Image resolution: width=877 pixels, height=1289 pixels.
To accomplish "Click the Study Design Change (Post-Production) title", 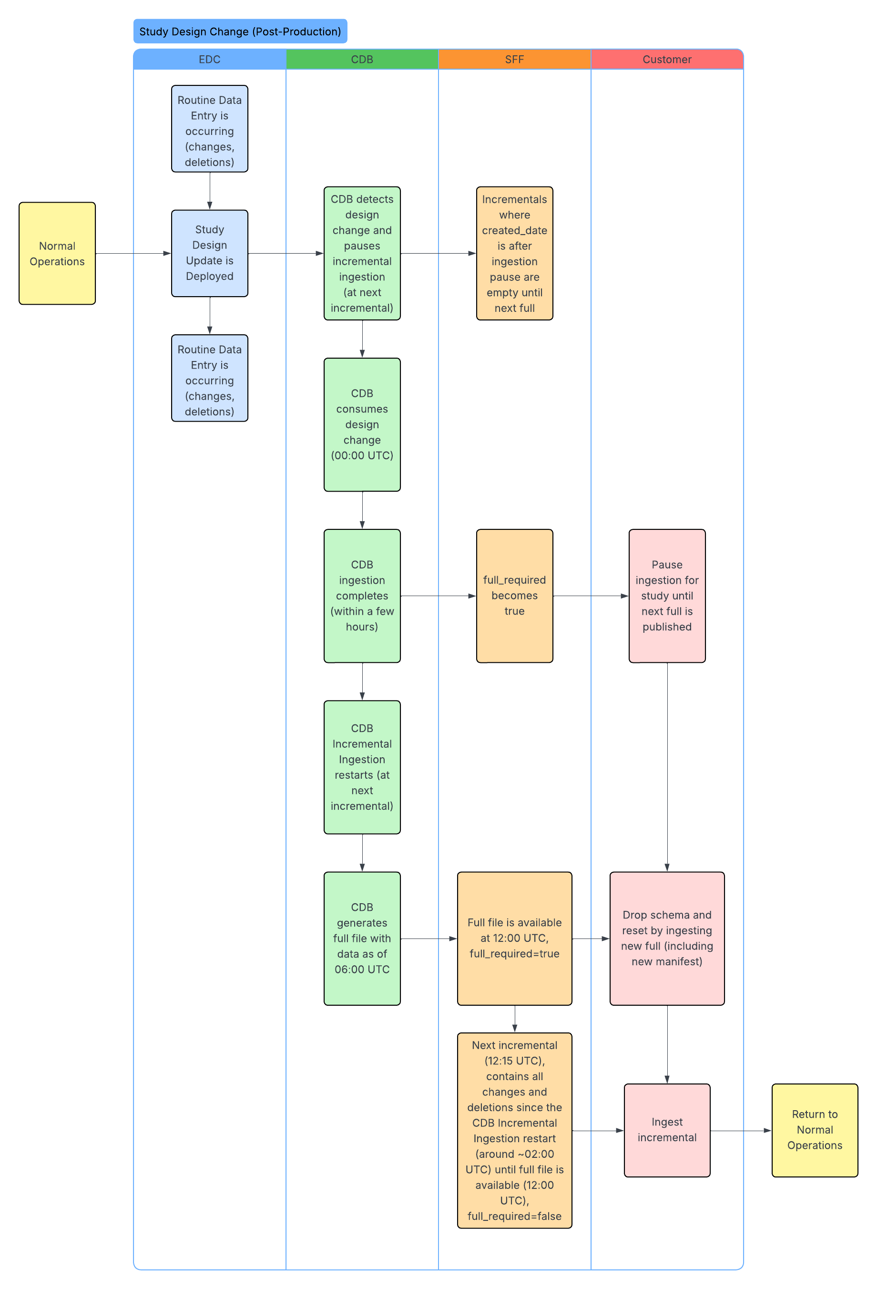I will point(240,31).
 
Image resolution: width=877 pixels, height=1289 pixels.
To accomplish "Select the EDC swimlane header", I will point(210,59).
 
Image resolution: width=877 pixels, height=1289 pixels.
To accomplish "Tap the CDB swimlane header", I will point(362,59).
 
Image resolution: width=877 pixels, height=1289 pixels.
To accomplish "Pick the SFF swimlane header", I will point(514,59).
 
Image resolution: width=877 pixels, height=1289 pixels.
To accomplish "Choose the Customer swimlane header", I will point(667,59).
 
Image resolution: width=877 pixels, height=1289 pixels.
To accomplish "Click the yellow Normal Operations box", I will point(57,254).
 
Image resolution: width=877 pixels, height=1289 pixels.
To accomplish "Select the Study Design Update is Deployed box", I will point(210,254).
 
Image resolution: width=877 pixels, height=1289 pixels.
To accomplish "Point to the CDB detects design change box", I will point(362,254).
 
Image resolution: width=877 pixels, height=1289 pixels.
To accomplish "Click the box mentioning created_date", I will point(514,254).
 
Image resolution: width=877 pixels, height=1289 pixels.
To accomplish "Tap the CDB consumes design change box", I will point(362,425).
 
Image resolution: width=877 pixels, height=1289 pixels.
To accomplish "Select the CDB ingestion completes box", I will point(362,596).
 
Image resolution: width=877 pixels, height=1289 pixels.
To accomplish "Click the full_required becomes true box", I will point(514,596).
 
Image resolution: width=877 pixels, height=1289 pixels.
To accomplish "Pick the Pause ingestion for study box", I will point(667,596).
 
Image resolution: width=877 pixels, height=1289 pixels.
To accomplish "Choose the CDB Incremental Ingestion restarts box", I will point(362,767).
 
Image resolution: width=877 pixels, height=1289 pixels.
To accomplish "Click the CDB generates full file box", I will point(362,938).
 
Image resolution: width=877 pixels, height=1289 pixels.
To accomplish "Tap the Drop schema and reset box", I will point(667,938).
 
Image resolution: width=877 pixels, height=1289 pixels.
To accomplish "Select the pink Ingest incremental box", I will point(667,1130).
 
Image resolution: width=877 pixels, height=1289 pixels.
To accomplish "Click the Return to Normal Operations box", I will point(815,1130).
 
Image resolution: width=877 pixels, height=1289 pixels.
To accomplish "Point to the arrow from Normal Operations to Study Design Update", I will point(133,254).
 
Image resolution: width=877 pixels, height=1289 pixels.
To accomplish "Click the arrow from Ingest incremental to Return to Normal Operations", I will point(741,1130).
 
